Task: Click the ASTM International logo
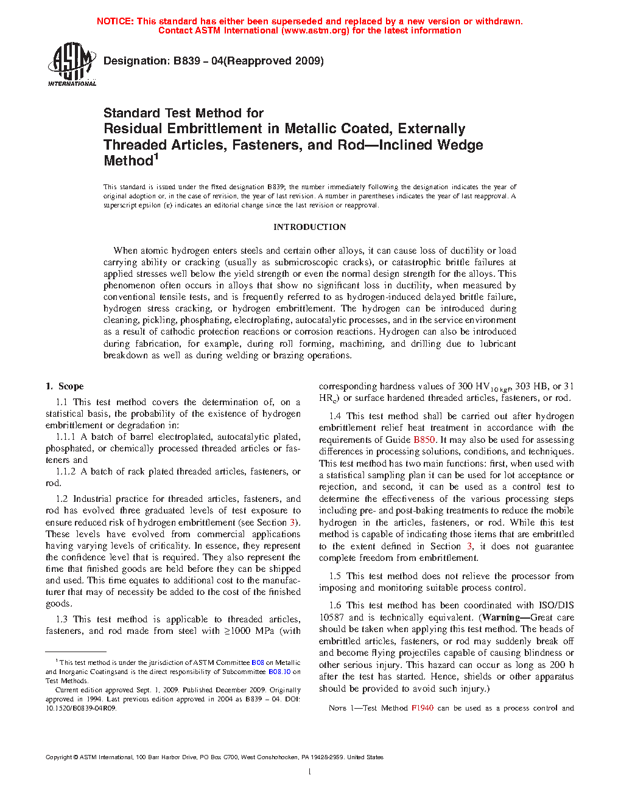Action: [x=71, y=64]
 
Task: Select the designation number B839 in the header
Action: [x=187, y=61]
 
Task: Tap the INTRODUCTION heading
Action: [x=309, y=227]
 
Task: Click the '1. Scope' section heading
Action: [x=65, y=386]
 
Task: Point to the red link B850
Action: [x=424, y=440]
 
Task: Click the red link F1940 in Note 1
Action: [x=422, y=708]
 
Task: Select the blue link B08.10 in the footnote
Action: [x=279, y=672]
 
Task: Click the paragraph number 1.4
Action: [x=335, y=416]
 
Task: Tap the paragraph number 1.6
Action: [x=335, y=605]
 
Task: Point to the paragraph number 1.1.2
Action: [x=65, y=471]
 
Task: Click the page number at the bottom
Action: [x=309, y=772]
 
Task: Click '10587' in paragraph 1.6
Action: [x=331, y=617]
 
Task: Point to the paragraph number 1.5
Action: [x=335, y=576]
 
